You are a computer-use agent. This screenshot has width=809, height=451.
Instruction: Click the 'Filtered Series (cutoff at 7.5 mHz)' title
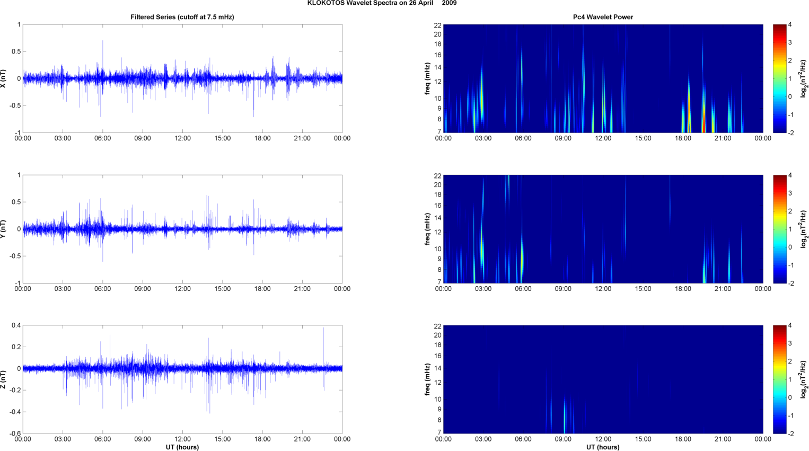point(182,17)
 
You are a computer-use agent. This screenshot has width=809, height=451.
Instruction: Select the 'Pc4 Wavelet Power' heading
point(603,17)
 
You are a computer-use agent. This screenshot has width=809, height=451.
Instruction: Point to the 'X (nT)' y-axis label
point(4,78)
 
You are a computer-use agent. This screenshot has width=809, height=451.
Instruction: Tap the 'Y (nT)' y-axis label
point(4,229)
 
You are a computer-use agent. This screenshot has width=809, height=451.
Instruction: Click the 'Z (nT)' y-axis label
point(4,379)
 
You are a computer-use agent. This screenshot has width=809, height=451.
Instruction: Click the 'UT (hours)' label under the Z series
point(182,447)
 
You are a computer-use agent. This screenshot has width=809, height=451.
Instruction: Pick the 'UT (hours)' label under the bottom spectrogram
point(603,447)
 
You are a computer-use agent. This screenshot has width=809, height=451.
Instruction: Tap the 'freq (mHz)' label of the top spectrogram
point(427,78)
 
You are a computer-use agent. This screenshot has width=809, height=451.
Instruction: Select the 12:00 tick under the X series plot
point(182,138)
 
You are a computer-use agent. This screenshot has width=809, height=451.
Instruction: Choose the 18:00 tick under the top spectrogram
point(683,138)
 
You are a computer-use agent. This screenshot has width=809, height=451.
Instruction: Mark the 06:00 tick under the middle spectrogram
point(523,289)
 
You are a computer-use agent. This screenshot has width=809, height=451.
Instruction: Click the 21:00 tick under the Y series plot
point(302,289)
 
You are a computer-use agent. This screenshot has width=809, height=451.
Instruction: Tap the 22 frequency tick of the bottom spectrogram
point(438,325)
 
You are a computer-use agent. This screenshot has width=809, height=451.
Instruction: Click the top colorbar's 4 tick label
point(790,24)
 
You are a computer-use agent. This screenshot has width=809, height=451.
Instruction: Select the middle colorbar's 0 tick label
point(790,247)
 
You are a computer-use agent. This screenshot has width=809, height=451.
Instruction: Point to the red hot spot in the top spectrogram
point(704,125)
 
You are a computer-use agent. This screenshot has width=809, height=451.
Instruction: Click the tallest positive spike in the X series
point(103,41)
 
